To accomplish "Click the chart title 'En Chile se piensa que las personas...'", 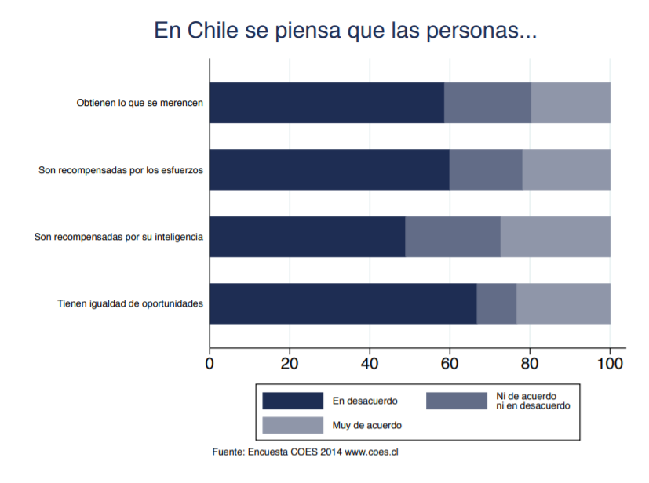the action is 345,31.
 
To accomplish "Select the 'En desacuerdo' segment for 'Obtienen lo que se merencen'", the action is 327,103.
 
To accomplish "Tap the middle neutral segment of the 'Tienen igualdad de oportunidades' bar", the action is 497,303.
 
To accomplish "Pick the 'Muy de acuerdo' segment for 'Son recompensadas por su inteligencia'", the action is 556,237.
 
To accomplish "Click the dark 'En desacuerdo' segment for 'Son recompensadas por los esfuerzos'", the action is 330,169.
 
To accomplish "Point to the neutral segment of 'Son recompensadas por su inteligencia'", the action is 453,237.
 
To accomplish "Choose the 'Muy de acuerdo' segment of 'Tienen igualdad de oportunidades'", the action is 563,303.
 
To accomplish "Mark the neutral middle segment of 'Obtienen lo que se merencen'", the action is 487,103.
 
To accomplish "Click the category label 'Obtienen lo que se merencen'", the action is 140,103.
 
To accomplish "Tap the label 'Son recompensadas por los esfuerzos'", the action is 121,170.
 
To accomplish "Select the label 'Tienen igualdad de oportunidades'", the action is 130,304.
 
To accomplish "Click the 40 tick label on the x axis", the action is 370,364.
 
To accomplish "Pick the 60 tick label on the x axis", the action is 450,364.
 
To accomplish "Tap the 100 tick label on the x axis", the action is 610,364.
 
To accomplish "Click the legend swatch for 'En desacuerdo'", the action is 293,401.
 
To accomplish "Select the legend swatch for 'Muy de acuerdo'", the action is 293,425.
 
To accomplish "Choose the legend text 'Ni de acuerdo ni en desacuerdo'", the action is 533,401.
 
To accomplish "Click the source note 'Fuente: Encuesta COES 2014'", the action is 277,452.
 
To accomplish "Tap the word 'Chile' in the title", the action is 213,30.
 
